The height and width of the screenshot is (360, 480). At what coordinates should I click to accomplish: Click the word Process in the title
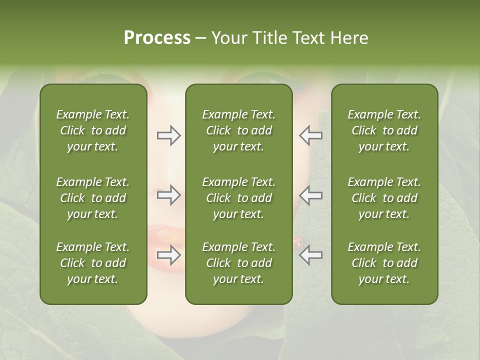(157, 37)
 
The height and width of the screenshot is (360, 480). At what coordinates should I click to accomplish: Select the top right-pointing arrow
(169, 135)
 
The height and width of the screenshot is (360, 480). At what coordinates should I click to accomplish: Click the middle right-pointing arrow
(169, 195)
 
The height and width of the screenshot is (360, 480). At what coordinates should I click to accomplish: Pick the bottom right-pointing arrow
(169, 255)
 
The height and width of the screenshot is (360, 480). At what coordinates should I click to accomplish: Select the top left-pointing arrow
(310, 135)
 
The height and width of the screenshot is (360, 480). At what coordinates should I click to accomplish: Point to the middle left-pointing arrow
(310, 195)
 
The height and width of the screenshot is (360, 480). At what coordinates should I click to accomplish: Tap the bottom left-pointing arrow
(310, 255)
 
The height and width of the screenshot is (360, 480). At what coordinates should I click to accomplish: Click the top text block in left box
(93, 130)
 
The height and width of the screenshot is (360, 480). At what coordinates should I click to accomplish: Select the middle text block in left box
(93, 198)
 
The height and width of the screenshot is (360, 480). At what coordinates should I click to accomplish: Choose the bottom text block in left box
(93, 263)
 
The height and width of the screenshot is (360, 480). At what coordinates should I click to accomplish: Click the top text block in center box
(238, 130)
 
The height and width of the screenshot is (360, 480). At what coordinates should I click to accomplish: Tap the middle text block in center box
(238, 198)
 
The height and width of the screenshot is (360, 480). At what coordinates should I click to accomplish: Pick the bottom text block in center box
(238, 263)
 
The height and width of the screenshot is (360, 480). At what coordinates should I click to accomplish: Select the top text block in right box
(384, 130)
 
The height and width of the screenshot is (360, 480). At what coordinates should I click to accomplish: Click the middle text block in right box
(384, 198)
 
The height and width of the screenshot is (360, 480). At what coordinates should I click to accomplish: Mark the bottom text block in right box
(384, 263)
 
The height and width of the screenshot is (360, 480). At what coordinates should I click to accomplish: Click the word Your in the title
(229, 37)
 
